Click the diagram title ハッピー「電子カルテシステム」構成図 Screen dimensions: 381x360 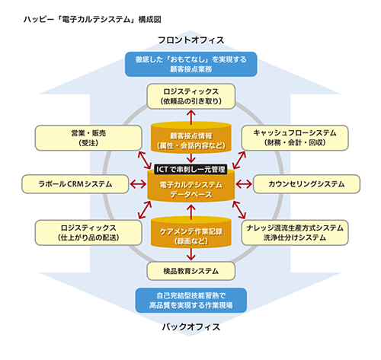click(x=92, y=20)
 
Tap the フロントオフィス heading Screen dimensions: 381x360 click(x=191, y=40)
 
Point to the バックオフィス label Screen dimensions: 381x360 click(x=191, y=327)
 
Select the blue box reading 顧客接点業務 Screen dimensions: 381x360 click(x=191, y=64)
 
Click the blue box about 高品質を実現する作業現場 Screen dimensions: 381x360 click(x=191, y=300)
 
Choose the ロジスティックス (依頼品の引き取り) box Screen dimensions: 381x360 click(x=191, y=97)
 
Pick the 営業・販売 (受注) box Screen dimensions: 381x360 click(x=88, y=138)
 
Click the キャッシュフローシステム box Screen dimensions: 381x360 click(x=295, y=138)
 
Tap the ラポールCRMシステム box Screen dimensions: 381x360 click(x=75, y=184)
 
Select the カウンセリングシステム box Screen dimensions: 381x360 click(x=306, y=184)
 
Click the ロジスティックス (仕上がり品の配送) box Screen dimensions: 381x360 click(x=88, y=233)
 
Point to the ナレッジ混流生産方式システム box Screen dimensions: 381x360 click(x=295, y=233)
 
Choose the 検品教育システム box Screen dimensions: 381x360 click(x=191, y=271)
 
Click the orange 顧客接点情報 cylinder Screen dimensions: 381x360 click(x=191, y=138)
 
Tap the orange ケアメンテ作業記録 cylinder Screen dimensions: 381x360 click(x=191, y=233)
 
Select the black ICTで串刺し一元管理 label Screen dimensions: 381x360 click(x=190, y=169)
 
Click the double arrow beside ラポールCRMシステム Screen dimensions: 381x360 click(x=138, y=184)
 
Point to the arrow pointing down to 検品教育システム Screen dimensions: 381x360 click(x=191, y=254)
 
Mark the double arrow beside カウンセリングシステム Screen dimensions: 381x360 click(x=244, y=184)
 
